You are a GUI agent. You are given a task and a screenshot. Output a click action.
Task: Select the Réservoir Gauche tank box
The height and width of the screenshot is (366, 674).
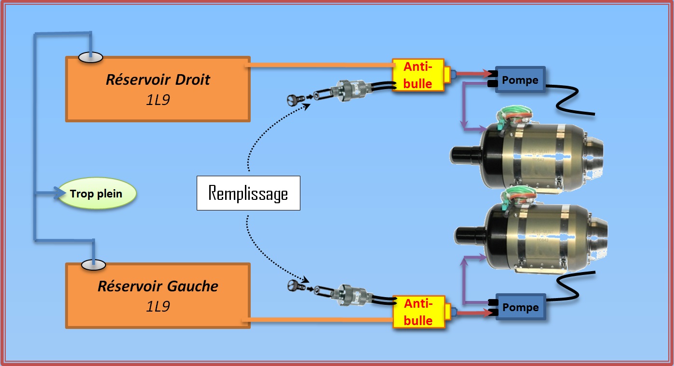[158, 295]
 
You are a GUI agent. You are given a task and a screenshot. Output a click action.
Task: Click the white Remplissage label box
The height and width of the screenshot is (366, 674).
[248, 193]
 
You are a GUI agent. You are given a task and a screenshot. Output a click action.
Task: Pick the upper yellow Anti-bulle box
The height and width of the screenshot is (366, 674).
[418, 75]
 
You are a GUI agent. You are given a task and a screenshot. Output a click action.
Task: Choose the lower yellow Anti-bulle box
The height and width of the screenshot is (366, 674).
[418, 312]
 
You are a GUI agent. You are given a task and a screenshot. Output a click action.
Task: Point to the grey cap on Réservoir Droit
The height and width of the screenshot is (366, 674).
[91, 57]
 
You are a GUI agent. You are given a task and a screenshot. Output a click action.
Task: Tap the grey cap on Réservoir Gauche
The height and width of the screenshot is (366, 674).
[93, 264]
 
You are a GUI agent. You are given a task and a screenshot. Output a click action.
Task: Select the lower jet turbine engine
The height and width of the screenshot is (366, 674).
[530, 236]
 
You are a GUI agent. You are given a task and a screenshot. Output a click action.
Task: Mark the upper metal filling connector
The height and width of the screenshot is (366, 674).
[352, 91]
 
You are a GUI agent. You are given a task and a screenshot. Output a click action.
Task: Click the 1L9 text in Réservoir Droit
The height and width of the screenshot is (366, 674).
[158, 100]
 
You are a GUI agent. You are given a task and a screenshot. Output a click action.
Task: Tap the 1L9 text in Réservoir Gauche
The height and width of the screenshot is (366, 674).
[158, 306]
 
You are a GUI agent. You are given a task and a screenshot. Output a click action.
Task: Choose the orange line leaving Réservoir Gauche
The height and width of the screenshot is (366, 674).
[318, 319]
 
